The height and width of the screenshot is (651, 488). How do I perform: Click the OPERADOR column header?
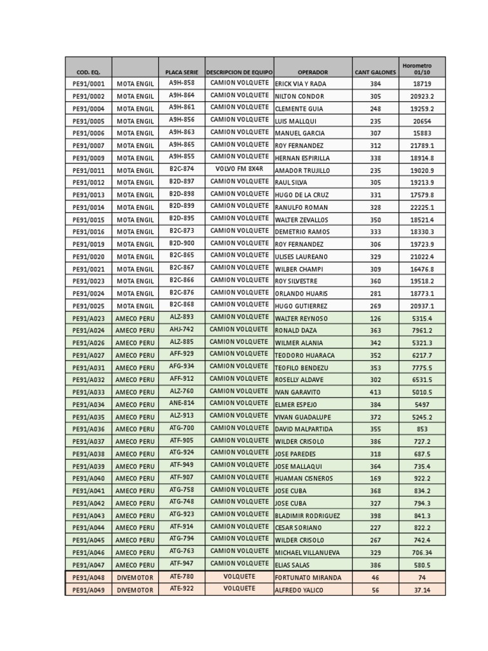[x=313, y=72]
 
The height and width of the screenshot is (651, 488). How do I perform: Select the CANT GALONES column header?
[x=376, y=72]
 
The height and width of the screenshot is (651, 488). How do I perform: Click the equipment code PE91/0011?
[x=88, y=170]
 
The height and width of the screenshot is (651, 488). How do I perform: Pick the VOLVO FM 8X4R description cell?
[x=239, y=169]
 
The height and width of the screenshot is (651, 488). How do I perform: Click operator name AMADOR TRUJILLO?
[x=302, y=170]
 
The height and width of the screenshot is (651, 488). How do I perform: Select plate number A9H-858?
[x=182, y=83]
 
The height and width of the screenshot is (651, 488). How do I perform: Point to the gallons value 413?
[x=376, y=392]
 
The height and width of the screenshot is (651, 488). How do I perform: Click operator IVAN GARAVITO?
[x=297, y=392]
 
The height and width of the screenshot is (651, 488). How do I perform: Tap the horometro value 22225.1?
[x=422, y=207]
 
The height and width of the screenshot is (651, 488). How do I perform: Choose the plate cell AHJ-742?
[x=182, y=329]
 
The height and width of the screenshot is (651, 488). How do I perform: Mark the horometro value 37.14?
[x=422, y=590]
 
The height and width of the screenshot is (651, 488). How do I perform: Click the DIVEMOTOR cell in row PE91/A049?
[x=135, y=590]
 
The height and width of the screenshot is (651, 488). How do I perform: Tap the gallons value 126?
[x=376, y=319]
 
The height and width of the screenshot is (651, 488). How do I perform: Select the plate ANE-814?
[x=182, y=403]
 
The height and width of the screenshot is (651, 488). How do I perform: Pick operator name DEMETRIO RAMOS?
[x=301, y=232]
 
